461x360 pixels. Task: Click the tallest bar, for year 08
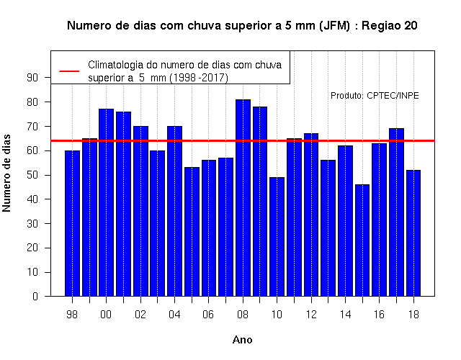point(243,198)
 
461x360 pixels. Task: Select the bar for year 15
point(362,240)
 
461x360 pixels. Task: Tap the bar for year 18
point(413,233)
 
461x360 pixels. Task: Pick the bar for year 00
point(106,202)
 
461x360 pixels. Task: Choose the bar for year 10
point(277,237)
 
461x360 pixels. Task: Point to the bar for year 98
point(72,223)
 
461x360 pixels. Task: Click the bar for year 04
point(174,211)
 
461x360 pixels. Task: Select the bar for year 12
point(311,215)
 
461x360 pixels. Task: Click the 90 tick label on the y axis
point(32,78)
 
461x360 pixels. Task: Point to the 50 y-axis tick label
point(32,175)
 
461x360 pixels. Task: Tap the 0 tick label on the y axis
point(35,296)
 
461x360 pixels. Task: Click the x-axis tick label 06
point(208,315)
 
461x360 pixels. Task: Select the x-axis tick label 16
point(379,315)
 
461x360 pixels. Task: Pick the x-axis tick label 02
point(140,315)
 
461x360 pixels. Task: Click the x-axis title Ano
point(242,340)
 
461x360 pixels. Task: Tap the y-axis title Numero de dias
point(6,173)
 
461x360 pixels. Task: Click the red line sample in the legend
point(69,71)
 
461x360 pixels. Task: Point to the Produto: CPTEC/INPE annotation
point(375,96)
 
